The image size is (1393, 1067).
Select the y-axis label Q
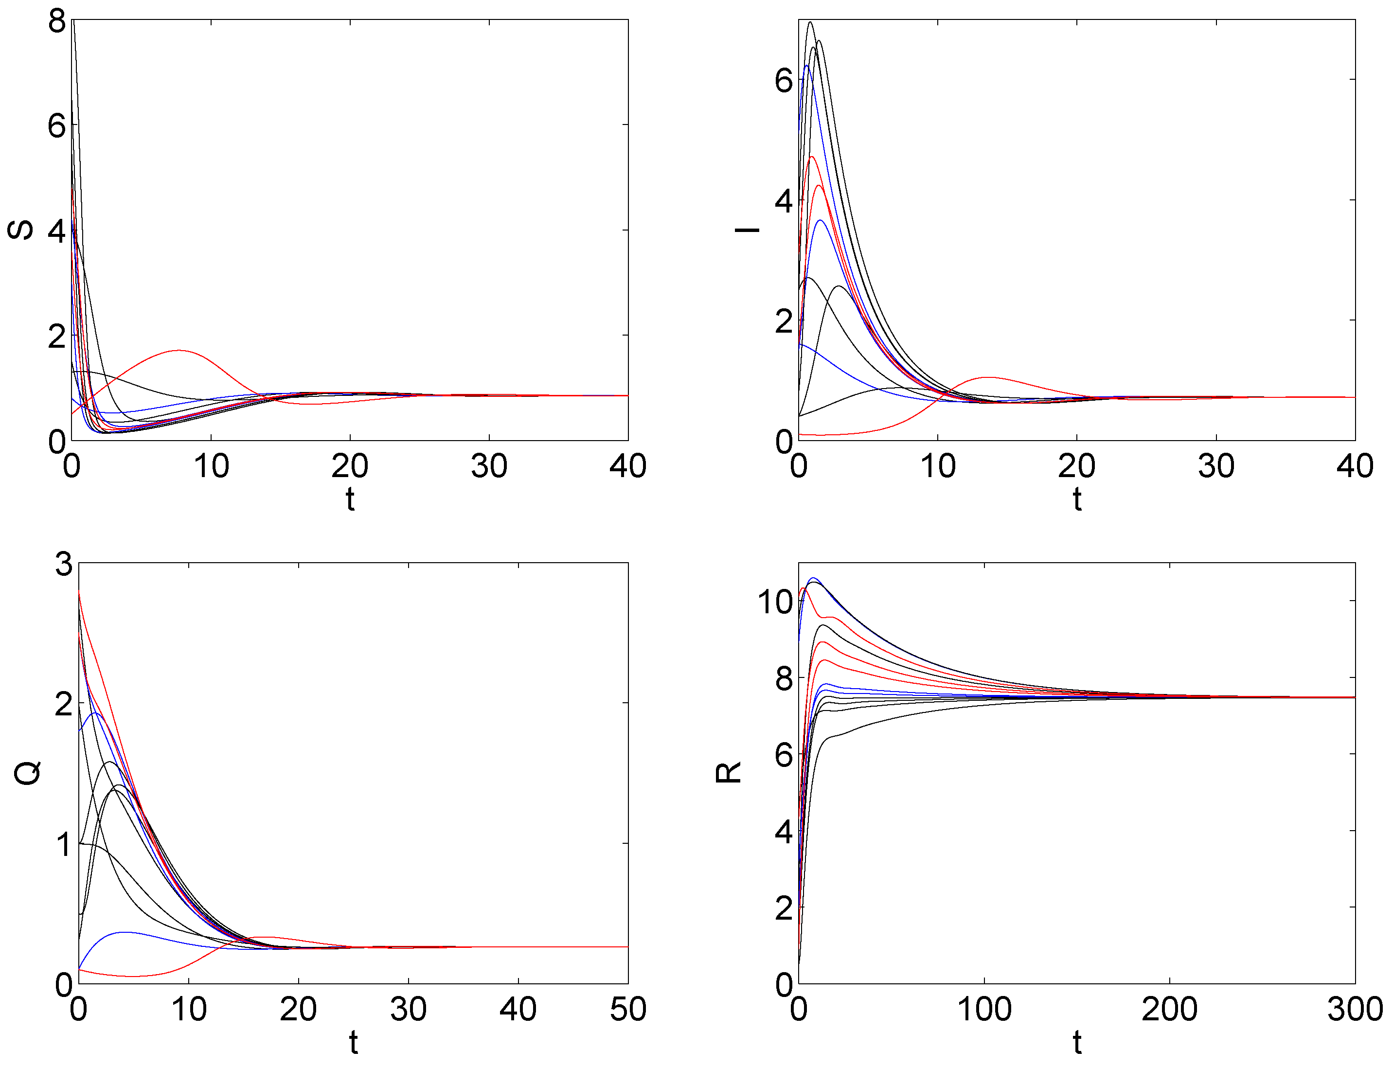(x=27, y=773)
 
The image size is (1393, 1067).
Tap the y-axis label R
(x=729, y=773)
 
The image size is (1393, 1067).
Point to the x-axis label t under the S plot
(x=350, y=499)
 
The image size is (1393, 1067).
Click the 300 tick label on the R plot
(x=1355, y=1009)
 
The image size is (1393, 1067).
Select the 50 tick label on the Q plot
(x=627, y=1009)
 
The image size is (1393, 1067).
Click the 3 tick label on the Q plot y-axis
(x=64, y=565)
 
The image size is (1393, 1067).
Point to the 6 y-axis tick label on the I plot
(x=783, y=81)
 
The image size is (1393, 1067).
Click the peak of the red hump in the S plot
(x=180, y=350)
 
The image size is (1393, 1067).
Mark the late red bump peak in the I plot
(x=989, y=377)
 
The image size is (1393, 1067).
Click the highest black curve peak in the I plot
(x=810, y=22)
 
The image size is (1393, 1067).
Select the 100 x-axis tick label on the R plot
(x=984, y=1009)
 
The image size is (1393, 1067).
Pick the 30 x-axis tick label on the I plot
(x=1216, y=467)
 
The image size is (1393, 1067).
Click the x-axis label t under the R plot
(x=1077, y=1042)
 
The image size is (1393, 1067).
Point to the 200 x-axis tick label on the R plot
(x=1169, y=1009)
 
